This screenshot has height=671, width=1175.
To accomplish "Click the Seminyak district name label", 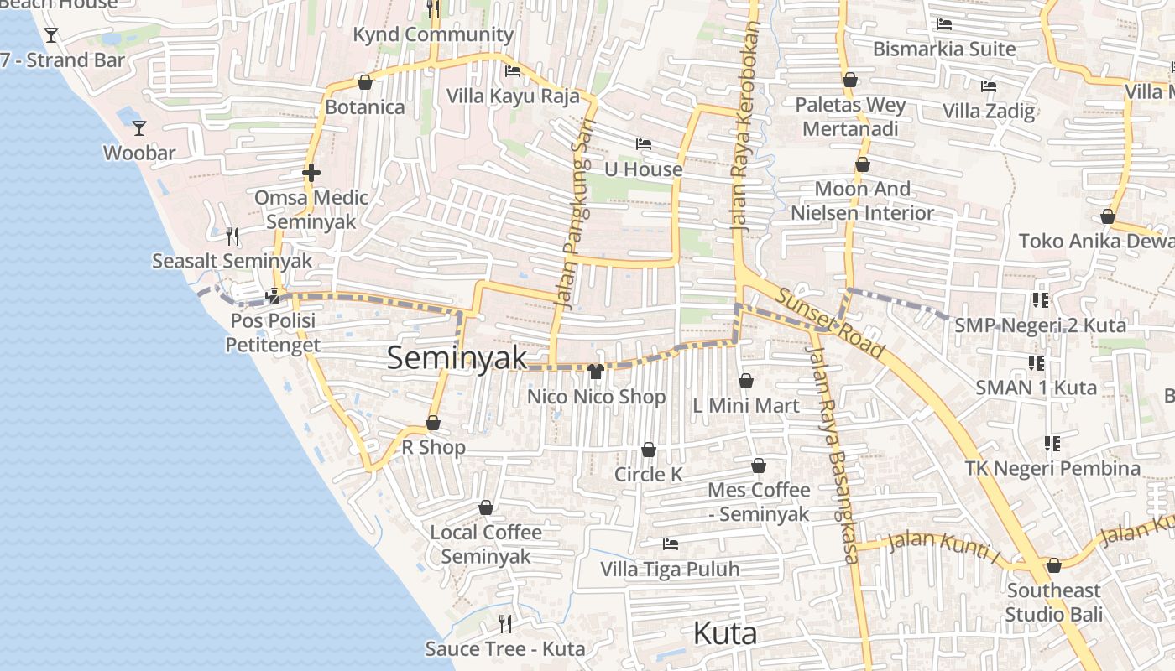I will pos(457,358).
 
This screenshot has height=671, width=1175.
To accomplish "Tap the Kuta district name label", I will pos(725,633).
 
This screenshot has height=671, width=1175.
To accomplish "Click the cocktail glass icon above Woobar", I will pos(139,128).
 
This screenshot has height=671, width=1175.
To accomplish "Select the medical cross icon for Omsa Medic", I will pos(311,174).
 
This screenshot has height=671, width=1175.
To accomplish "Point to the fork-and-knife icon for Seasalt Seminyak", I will pos(232,237).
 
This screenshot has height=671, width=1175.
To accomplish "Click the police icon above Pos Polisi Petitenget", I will pos(273,296).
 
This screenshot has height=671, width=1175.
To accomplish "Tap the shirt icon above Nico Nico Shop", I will pos(596,372).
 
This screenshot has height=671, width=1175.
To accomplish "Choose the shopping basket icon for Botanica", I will pos(365,82).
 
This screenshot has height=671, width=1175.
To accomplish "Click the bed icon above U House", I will pos(644,144).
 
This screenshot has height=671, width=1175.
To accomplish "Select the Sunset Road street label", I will pos(830,323).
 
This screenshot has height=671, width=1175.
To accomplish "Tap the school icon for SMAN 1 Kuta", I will pos(1037,363).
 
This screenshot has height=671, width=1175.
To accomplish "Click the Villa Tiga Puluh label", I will pos(670,570).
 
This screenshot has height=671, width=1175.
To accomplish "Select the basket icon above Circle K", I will pos(649,450).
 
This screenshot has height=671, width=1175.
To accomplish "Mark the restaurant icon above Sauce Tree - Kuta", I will pos(505,623).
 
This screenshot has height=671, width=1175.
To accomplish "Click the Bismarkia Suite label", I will pos(944,49).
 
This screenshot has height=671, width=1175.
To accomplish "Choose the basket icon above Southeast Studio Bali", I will pos(1054,565).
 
